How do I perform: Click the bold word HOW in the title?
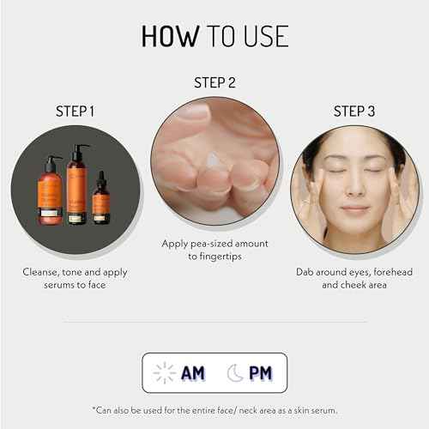tap(169, 36)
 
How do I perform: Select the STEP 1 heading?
tap(76, 112)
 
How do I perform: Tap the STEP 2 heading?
tap(214, 83)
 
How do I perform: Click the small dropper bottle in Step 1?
tap(101, 200)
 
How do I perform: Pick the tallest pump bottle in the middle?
tap(77, 187)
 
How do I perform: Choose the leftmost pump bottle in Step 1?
tap(50, 193)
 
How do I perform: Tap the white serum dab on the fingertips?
tap(214, 161)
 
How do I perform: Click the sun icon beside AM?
tap(164, 372)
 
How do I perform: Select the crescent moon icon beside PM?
tap(234, 372)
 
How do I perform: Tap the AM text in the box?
tap(192, 372)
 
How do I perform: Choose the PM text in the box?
tap(260, 372)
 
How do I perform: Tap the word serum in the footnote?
tap(322, 408)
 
